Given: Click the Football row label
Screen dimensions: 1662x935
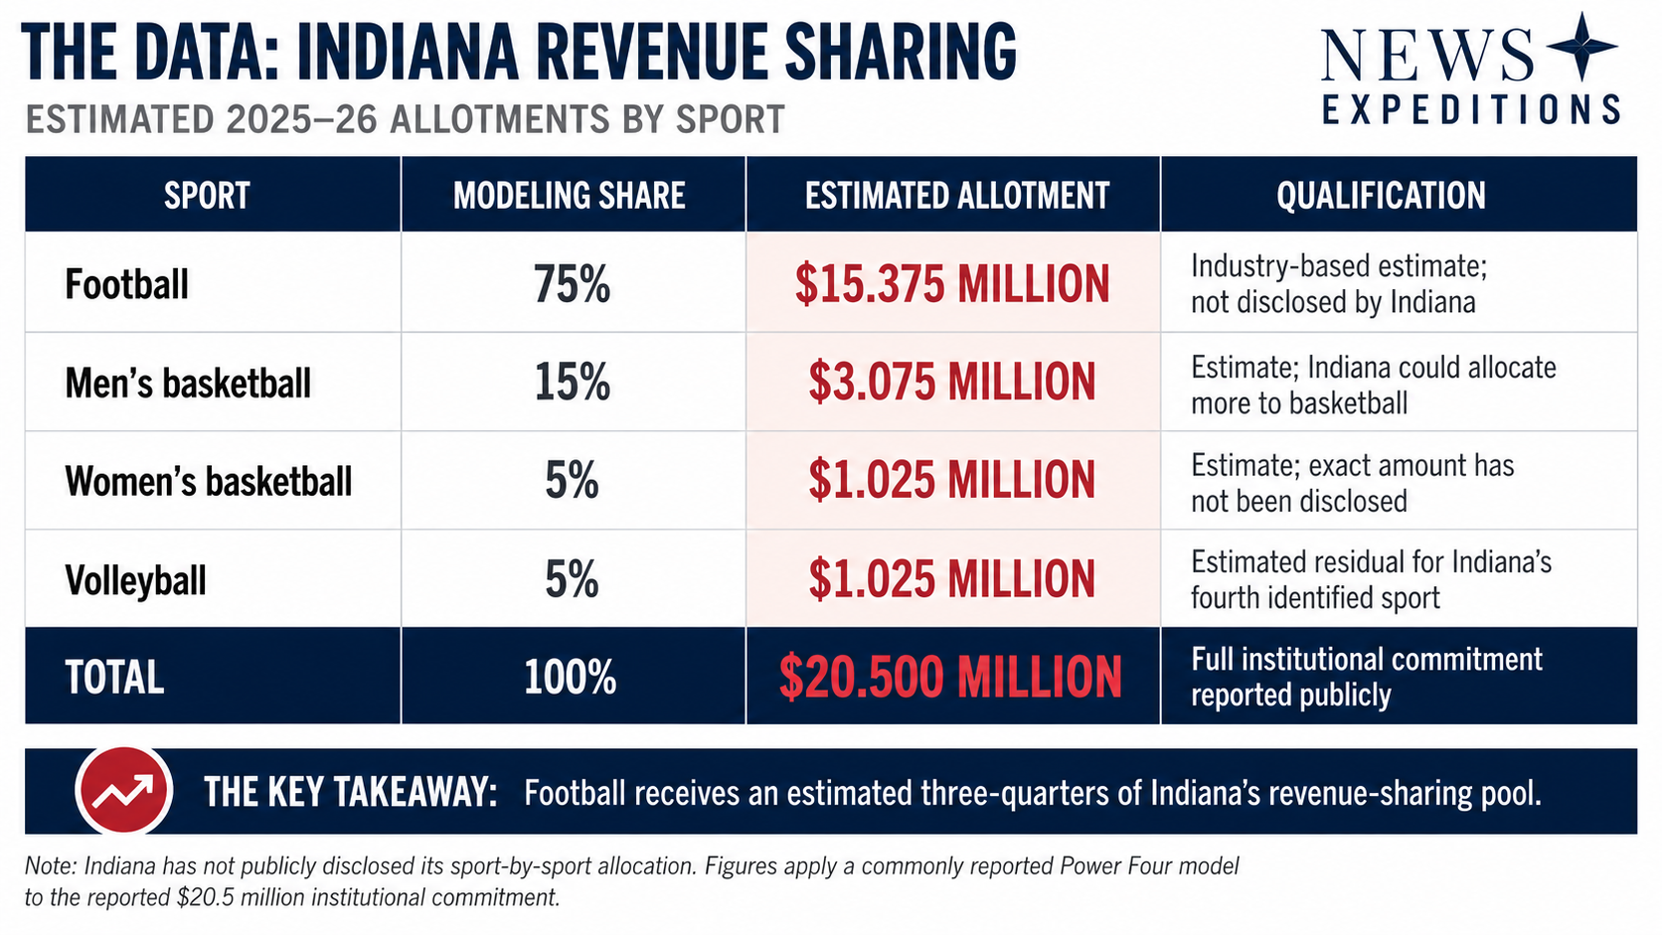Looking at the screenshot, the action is tap(127, 285).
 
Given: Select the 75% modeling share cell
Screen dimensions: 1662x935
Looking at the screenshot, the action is tap(572, 285).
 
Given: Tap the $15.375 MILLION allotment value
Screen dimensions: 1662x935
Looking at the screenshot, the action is tap(952, 285).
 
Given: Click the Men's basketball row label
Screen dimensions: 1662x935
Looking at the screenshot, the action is tap(188, 384).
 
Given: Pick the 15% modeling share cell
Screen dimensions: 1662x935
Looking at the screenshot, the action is tap(572, 383).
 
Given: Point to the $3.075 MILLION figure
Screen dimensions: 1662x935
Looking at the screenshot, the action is tap(952, 383).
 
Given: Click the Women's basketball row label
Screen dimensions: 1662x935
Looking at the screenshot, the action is tap(209, 481).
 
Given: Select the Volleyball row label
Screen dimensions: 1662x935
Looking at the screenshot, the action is tap(136, 580).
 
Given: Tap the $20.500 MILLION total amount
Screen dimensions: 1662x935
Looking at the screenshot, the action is tap(950, 678).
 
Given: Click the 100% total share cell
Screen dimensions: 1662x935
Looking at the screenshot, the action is tap(570, 678).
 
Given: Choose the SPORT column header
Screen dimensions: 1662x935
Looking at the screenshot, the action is tap(207, 196).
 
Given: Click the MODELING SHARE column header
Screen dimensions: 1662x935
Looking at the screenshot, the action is tap(570, 196).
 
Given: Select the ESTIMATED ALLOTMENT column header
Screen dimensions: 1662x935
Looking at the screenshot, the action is tap(957, 196).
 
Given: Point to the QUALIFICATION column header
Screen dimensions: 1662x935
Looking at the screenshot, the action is tap(1381, 196).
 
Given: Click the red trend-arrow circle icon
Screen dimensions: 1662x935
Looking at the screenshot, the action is tap(124, 790).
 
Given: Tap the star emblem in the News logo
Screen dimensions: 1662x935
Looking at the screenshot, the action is tap(1581, 46).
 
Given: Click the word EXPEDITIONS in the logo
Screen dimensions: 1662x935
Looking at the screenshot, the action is tap(1471, 109).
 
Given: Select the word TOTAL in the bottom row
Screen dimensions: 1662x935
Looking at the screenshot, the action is tap(114, 678).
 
